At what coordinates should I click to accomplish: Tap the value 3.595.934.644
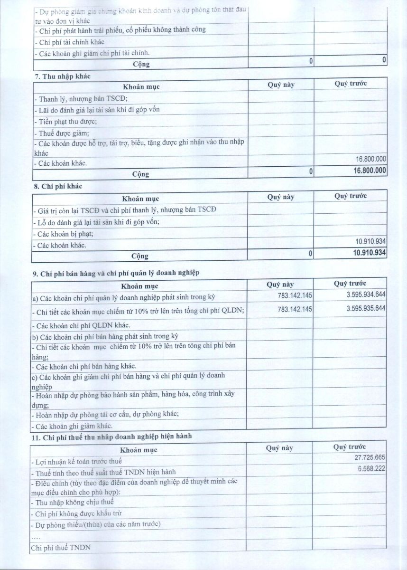coord(366,295)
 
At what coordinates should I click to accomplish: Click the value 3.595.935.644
coord(366,309)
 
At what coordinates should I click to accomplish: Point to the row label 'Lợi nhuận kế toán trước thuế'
coord(78,462)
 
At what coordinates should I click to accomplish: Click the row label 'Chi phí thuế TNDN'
coord(60,548)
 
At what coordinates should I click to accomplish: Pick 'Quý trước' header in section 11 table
coord(350,447)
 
